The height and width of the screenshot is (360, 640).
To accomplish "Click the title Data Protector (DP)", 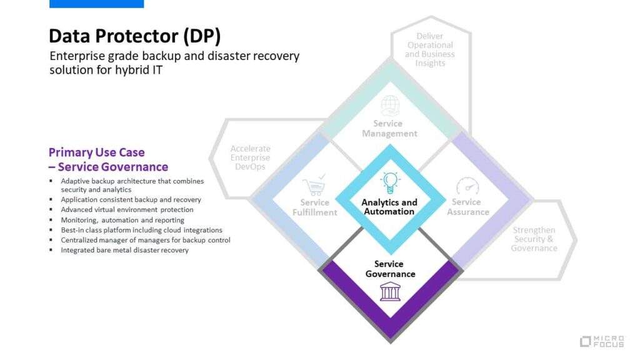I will tap(134, 36).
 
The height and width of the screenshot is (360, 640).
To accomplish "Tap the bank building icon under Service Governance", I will tap(390, 291).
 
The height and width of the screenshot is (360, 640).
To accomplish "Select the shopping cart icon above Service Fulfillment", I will tap(314, 186).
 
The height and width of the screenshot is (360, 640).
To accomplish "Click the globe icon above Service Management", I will tap(390, 105).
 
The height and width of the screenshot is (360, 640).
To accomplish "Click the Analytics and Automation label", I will tap(390, 207).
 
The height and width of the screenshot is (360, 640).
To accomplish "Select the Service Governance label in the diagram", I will tap(390, 269).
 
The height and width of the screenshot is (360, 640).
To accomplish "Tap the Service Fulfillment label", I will tap(314, 207).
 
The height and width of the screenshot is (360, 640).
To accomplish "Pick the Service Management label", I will tap(390, 128).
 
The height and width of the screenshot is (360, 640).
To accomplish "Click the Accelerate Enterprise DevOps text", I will tap(250, 157).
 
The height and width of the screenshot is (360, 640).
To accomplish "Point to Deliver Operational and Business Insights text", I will tap(430, 50).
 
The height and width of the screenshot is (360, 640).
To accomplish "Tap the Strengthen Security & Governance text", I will tap(534, 239).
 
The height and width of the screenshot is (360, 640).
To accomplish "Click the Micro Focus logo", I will tap(602, 341).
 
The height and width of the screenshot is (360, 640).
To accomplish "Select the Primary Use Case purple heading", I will tap(108, 159).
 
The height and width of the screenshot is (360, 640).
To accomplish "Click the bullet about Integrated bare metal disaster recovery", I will tap(124, 250).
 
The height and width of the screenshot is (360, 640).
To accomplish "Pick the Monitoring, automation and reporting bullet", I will tap(122, 220).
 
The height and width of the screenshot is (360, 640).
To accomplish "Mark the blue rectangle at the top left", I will tap(96, 4).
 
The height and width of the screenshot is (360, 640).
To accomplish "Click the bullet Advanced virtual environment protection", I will tap(127, 210).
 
